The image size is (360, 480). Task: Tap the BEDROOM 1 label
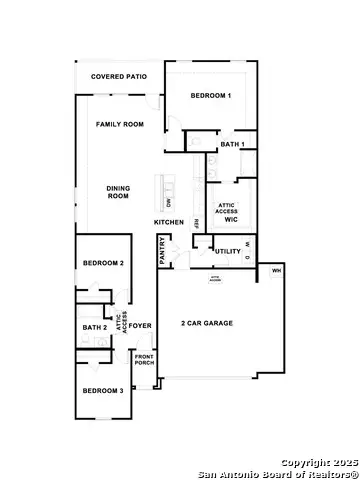[212, 95]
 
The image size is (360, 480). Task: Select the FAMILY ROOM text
[121, 125]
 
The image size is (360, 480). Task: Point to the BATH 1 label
[232, 145]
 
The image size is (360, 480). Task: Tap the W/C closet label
[229, 218]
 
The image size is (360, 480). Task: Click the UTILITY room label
[228, 250]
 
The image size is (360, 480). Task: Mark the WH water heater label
[276, 271]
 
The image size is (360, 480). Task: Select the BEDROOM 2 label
[103, 263]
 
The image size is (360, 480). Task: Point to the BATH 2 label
[94, 328]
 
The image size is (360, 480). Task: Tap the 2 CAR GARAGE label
[209, 324]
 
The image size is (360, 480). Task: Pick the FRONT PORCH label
[146, 362]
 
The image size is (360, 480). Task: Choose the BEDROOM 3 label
[103, 390]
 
